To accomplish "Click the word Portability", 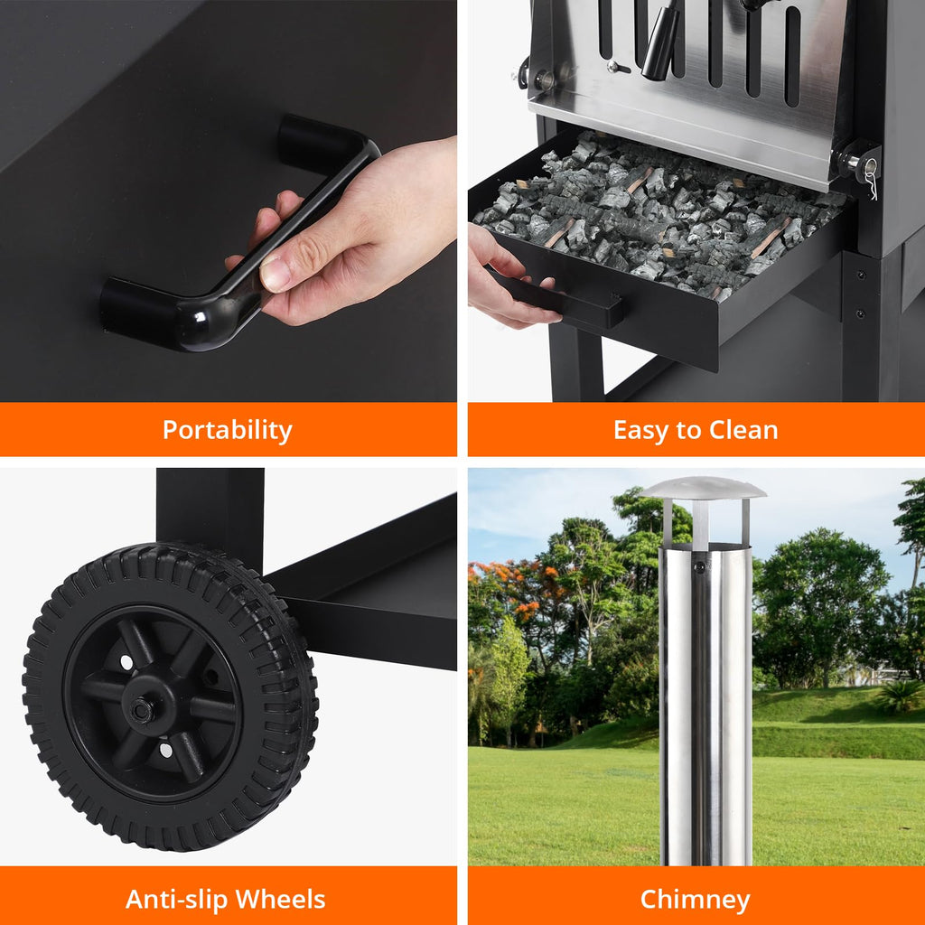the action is [x=228, y=430].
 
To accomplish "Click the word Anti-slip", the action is [x=176, y=899].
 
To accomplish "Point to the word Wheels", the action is [x=280, y=899].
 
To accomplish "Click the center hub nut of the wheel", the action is [x=142, y=710].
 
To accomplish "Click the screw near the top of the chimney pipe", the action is [x=700, y=567].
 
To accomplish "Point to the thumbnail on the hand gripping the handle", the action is [x=275, y=273].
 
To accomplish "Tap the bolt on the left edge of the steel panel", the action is [x=543, y=79].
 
